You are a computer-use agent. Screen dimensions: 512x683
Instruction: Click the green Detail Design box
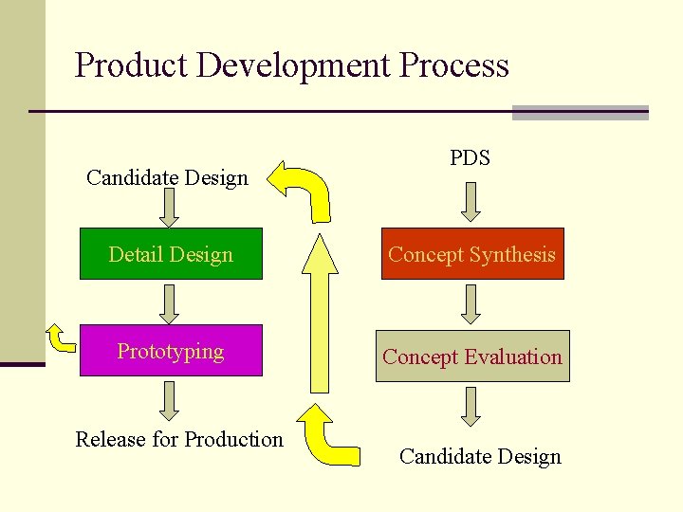pos(171,253)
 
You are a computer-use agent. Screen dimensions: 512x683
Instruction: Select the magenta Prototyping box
pos(171,351)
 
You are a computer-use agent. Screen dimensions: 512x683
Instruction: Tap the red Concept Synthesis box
pos(472,253)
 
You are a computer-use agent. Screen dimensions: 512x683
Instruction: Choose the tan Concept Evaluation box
pos(472,357)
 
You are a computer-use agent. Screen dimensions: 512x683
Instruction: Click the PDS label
pos(470,157)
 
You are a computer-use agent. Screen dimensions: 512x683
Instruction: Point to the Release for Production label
pos(179,439)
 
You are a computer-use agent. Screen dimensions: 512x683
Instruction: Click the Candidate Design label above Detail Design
pos(167,177)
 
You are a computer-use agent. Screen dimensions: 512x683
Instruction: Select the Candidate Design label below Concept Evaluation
pos(480,456)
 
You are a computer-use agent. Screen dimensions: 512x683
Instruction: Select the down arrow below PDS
pos(471,201)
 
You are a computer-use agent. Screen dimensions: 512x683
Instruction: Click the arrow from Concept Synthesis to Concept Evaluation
pos(471,304)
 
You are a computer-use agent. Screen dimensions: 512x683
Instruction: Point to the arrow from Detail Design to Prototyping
pos(169,303)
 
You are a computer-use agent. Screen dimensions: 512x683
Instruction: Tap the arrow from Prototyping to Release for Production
pos(169,400)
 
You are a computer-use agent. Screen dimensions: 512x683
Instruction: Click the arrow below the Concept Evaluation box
pos(471,407)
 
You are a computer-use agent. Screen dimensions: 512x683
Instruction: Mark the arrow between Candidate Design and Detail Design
pos(169,208)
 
